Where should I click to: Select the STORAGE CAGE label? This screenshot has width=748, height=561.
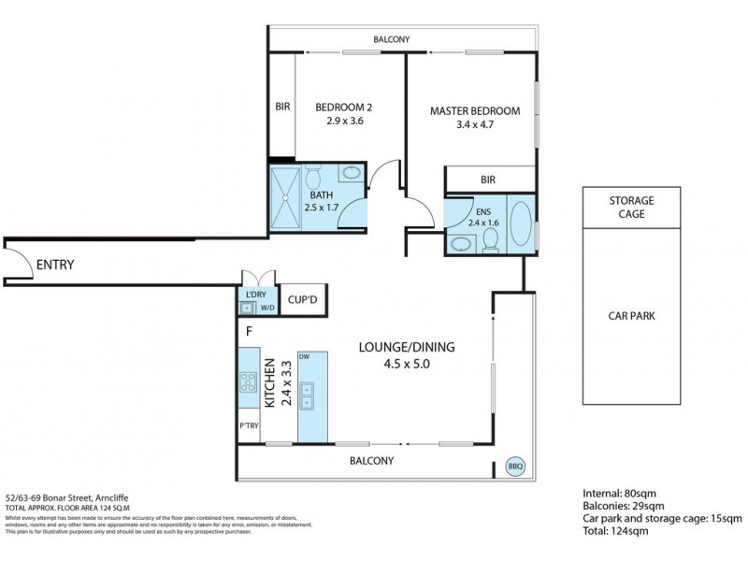(631, 207)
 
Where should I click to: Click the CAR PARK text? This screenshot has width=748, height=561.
(631, 315)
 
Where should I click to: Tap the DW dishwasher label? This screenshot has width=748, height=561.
(304, 357)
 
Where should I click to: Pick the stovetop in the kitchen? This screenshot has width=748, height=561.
(250, 381)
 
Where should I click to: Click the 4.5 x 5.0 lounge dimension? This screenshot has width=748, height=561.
(407, 364)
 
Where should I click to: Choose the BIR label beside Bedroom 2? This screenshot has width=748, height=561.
(282, 108)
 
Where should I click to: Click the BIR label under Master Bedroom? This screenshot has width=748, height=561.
(487, 180)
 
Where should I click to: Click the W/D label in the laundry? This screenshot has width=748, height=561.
(266, 307)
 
